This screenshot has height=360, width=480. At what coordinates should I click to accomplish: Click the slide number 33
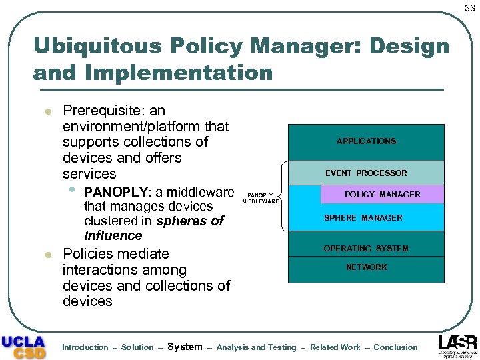pyautogui.click(x=470, y=8)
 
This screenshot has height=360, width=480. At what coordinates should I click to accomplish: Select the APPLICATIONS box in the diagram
pyautogui.click(x=366, y=141)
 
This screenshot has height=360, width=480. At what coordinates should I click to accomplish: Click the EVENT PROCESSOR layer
pyautogui.click(x=366, y=173)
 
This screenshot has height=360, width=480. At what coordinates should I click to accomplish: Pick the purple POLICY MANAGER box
pyautogui.click(x=382, y=195)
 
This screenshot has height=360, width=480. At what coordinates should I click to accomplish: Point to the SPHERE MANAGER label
pyautogui.click(x=363, y=218)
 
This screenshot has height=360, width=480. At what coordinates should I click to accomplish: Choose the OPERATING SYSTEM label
pyautogui.click(x=366, y=249)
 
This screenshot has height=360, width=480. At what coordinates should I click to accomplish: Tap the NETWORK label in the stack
pyautogui.click(x=366, y=267)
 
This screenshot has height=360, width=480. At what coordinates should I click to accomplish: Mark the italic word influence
pyautogui.click(x=113, y=236)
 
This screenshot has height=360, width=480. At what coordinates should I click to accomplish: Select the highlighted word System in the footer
pyautogui.click(x=185, y=347)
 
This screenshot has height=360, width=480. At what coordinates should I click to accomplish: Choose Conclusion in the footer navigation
pyautogui.click(x=395, y=347)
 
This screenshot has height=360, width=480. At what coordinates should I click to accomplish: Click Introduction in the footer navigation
pyautogui.click(x=85, y=347)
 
